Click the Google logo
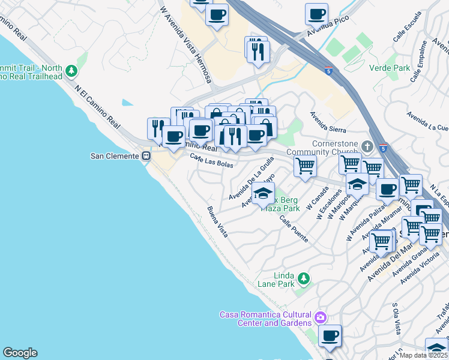click(x=20, y=353)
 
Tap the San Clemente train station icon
click(x=145, y=155)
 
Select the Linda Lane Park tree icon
click(x=304, y=278)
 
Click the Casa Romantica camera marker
click(x=321, y=316)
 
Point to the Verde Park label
click(x=390, y=68)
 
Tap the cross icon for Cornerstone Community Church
click(x=367, y=146)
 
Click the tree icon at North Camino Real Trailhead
click(x=71, y=71)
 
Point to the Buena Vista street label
click(x=217, y=221)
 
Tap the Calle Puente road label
click(x=294, y=229)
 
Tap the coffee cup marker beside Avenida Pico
click(x=316, y=14)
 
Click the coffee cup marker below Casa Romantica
click(x=329, y=336)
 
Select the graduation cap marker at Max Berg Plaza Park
click(x=262, y=194)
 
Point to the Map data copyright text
click(x=423, y=355)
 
